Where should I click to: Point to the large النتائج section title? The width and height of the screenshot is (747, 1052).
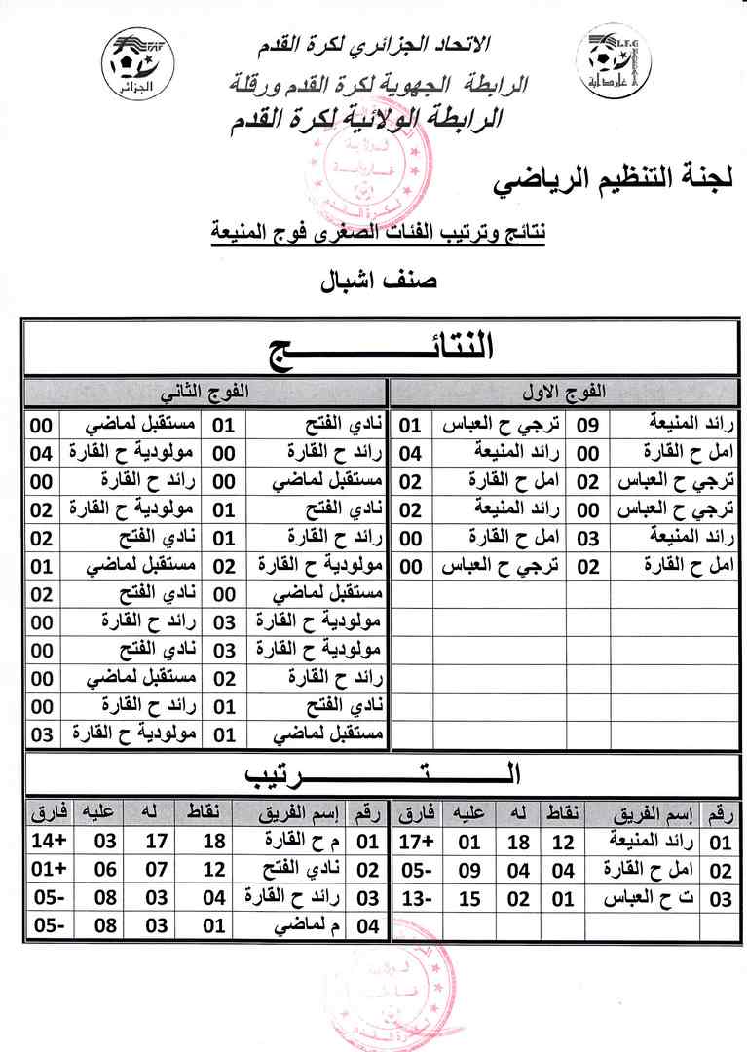tap(380, 349)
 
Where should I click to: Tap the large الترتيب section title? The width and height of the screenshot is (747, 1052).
tap(380, 774)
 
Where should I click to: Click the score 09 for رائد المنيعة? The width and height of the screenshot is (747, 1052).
tap(588, 424)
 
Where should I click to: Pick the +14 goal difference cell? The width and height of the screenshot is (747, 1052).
tap(46, 841)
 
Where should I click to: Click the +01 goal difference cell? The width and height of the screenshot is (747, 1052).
tap(46, 869)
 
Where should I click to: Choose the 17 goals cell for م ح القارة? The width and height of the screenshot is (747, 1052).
tap(158, 841)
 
